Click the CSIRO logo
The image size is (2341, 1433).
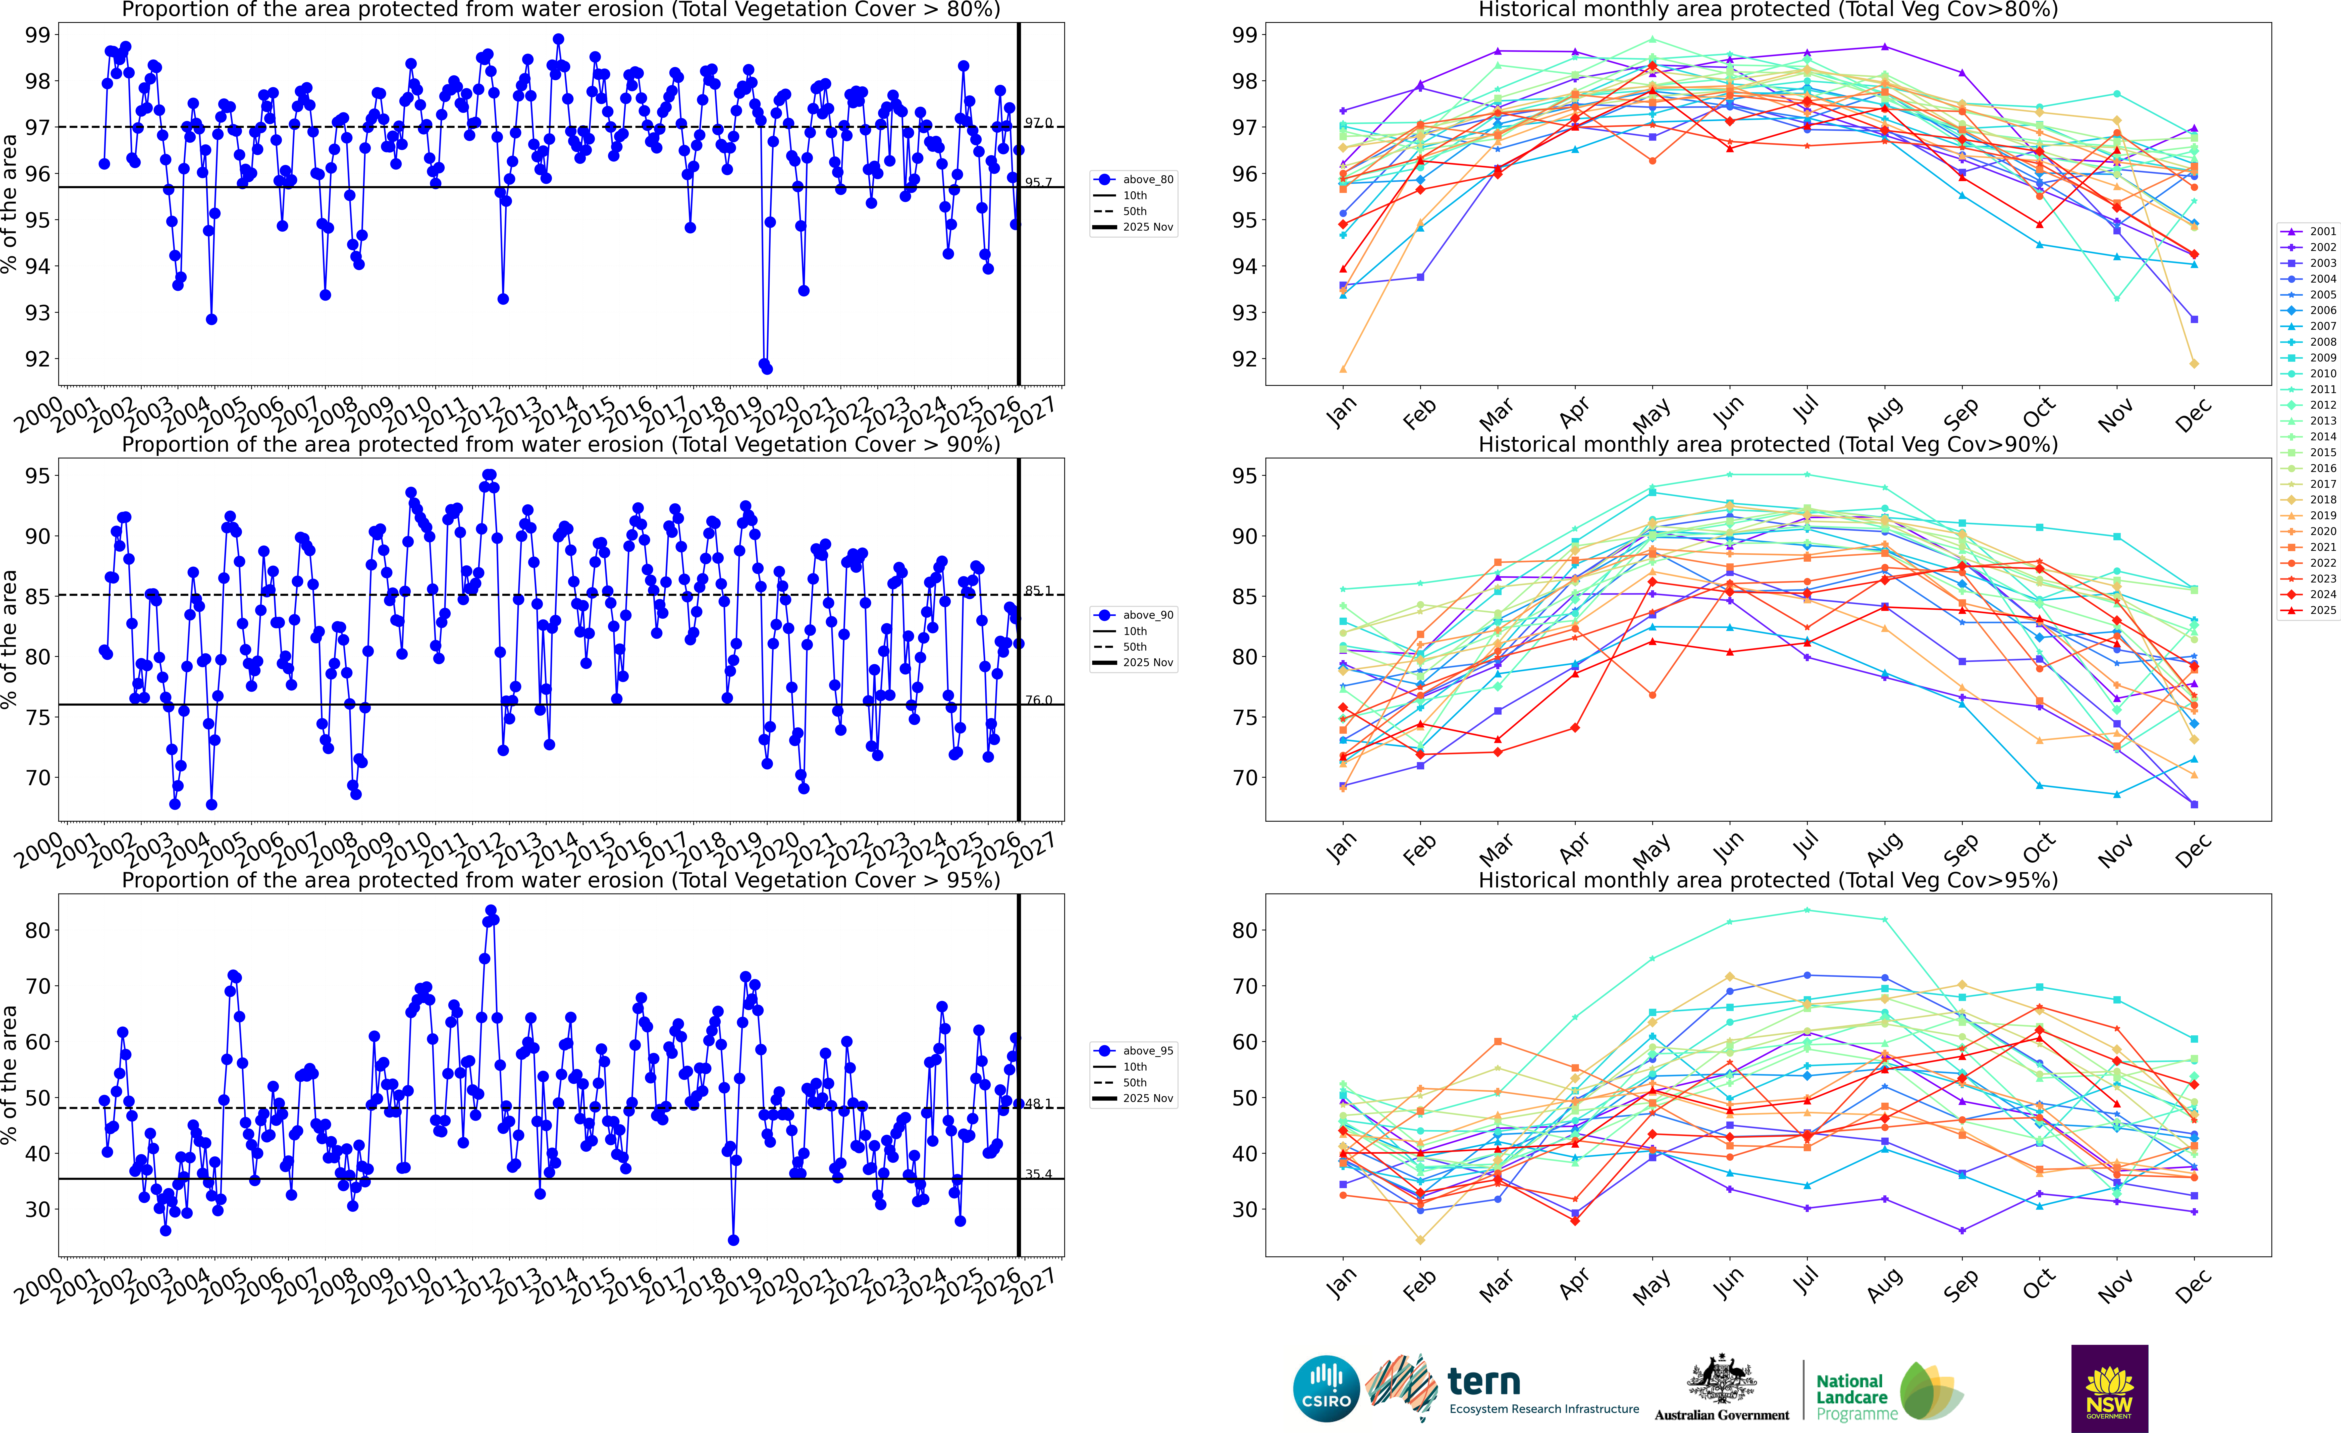coord(1326,1388)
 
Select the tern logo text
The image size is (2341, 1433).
coord(1484,1381)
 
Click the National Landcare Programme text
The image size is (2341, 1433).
coord(1850,1397)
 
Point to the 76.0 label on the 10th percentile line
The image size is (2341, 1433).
coord(1038,700)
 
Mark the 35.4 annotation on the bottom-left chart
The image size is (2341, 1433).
coord(1038,1175)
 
